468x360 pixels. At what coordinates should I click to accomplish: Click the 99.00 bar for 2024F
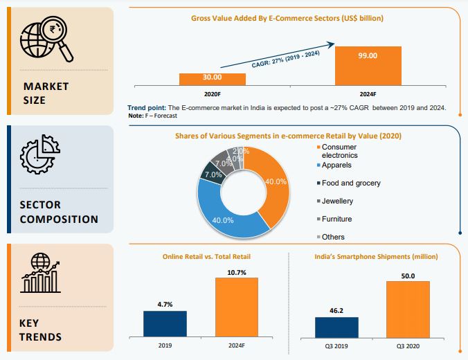(x=368, y=66)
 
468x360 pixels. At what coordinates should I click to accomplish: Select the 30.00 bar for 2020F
(x=213, y=80)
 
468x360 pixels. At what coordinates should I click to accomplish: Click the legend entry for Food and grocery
(x=350, y=183)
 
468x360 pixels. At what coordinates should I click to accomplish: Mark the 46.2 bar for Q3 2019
(x=336, y=327)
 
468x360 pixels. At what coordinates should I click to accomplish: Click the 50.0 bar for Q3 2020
(x=408, y=309)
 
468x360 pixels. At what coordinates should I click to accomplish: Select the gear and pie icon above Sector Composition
(x=41, y=154)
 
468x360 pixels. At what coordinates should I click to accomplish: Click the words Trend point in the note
(x=147, y=109)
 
